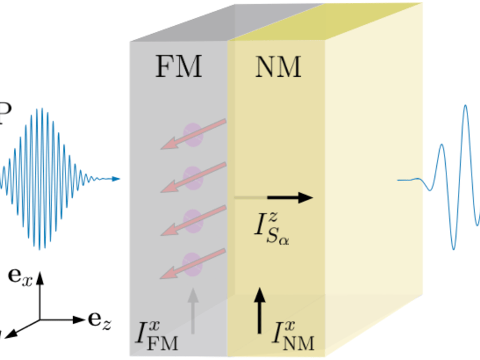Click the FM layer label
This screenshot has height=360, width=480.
pyautogui.click(x=179, y=68)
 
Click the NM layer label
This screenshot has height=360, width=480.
pyautogui.click(x=278, y=68)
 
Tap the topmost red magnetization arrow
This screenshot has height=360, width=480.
pyautogui.click(x=193, y=134)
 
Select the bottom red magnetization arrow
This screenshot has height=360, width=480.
pyautogui.click(x=193, y=264)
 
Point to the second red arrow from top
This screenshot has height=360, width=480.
pyautogui.click(x=193, y=178)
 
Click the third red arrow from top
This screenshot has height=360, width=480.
pyautogui.click(x=193, y=221)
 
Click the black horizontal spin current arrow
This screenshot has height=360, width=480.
pyautogui.click(x=289, y=197)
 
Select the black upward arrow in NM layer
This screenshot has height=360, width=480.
pyautogui.click(x=259, y=310)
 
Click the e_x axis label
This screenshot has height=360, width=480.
pyautogui.click(x=20, y=277)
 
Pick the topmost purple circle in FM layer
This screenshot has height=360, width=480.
pyautogui.click(x=193, y=134)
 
